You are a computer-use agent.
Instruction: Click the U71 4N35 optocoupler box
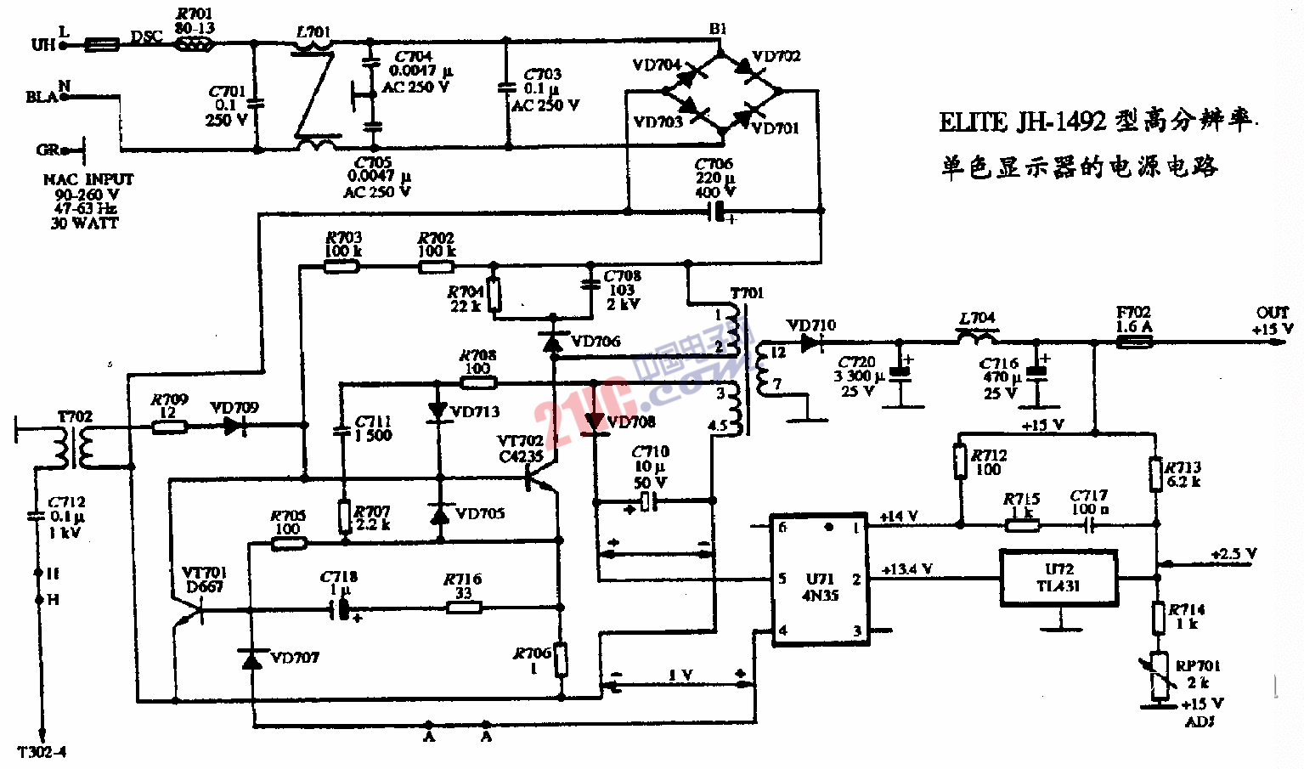pos(819,580)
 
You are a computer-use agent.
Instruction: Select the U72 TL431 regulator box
pos(1058,579)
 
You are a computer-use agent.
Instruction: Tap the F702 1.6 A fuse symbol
pos(1133,342)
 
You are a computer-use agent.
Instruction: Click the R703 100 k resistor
pos(342,267)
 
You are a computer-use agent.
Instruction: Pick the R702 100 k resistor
pos(436,267)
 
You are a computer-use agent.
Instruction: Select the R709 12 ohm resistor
pos(169,427)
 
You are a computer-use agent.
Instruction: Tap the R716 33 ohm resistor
pos(463,607)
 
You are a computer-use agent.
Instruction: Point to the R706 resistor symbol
pos(561,659)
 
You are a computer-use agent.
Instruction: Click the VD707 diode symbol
pos(252,659)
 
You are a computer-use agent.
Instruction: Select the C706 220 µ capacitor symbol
pos(721,212)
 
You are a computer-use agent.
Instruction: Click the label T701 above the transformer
pos(747,293)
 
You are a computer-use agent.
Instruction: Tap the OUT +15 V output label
pos(1272,320)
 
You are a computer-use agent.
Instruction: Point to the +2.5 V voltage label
pos(1233,554)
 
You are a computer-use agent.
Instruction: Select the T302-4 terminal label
pos(42,752)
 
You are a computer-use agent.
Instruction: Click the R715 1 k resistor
pos(1022,525)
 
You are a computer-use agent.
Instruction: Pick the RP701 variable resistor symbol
pos(1159,676)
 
